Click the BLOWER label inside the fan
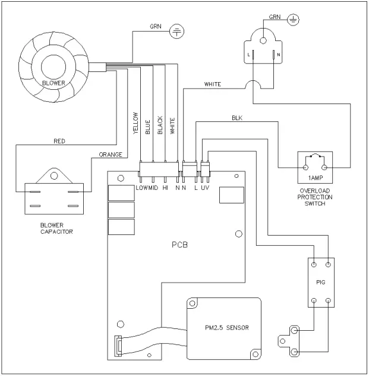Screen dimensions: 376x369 tap(53, 83)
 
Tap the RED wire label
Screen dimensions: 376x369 tap(59, 142)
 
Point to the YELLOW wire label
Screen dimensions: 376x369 tap(136, 124)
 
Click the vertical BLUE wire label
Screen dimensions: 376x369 tap(148, 127)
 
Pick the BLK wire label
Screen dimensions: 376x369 tap(237, 118)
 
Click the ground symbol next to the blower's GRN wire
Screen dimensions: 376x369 tap(177, 31)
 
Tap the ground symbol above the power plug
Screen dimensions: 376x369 tap(292, 20)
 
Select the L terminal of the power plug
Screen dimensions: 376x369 tap(251, 55)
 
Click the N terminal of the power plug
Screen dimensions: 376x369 tap(276, 55)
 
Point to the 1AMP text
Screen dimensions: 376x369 tap(314, 178)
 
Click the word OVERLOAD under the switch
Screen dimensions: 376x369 tap(314, 190)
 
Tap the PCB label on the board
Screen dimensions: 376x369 tap(178, 244)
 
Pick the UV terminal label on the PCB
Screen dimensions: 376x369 tap(205, 187)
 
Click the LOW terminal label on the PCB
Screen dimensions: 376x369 tap(141, 187)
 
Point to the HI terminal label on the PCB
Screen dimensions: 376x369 tap(165, 187)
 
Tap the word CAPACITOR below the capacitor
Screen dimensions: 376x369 tap(56, 231)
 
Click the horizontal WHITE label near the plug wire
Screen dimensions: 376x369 tap(212, 84)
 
